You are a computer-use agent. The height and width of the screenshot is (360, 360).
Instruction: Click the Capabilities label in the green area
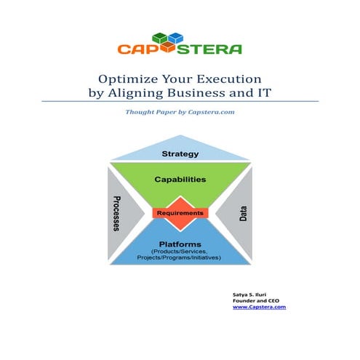point(180,178)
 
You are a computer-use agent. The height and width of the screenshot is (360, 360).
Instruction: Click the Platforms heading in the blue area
point(180,244)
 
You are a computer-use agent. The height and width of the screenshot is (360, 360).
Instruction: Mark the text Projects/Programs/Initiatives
point(180,260)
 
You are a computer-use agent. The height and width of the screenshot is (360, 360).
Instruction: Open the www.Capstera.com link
point(259,307)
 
